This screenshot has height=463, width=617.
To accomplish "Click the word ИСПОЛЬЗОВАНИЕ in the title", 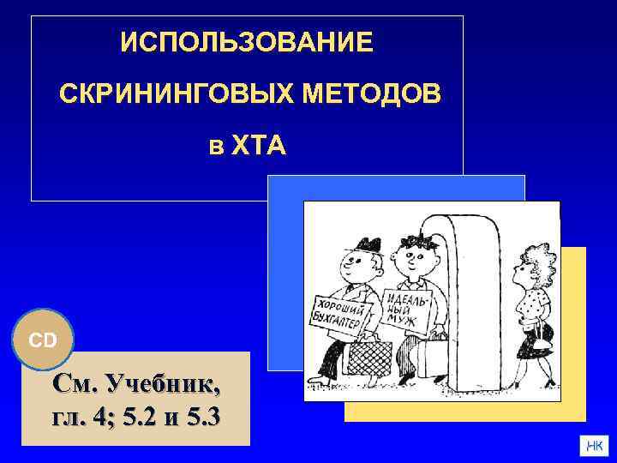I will [247, 42].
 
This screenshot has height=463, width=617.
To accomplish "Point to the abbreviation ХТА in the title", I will [261, 147].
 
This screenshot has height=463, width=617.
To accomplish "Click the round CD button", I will [43, 340].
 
